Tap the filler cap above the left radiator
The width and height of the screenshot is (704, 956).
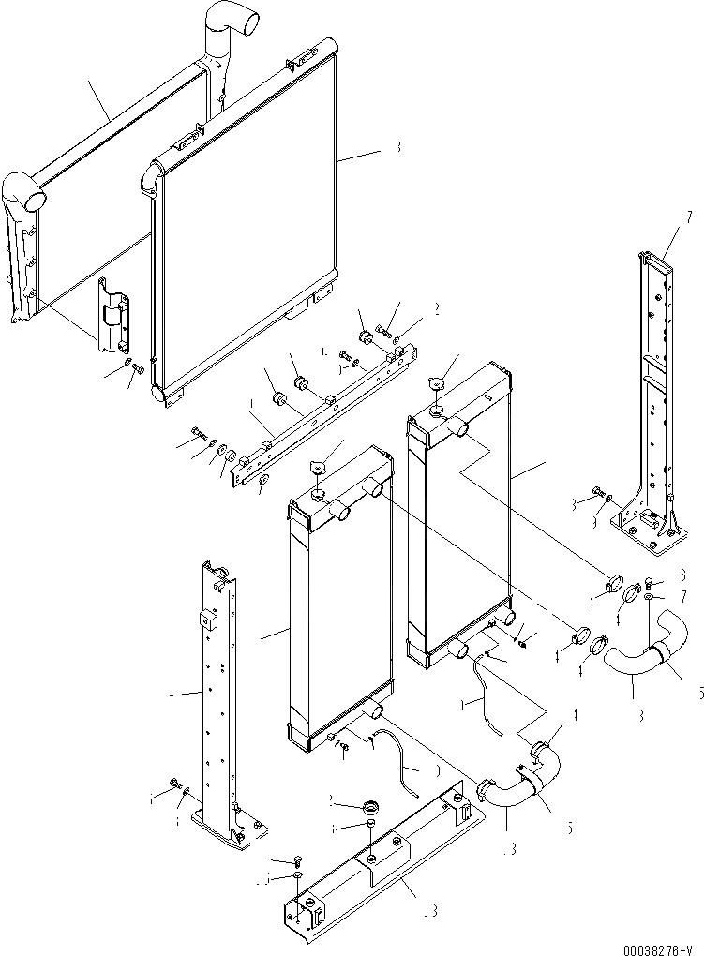click(319, 466)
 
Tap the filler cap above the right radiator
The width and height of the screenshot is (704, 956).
click(435, 382)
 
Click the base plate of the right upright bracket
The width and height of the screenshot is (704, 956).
click(643, 526)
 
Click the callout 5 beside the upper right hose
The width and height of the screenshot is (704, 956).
click(698, 695)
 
